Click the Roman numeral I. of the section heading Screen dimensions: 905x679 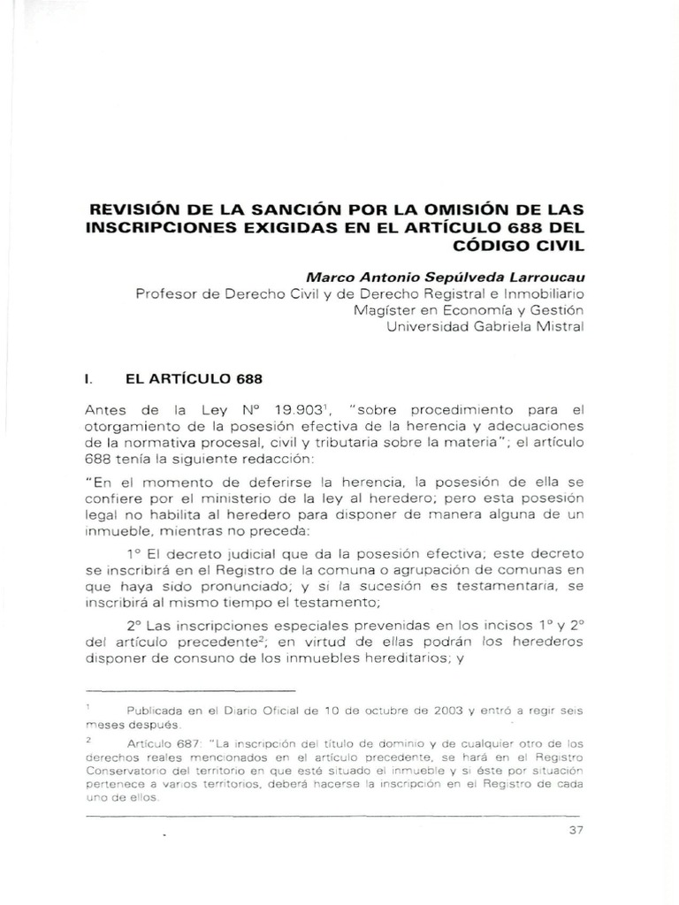pos(87,377)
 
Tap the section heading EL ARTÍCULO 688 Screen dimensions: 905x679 pos(195,377)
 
